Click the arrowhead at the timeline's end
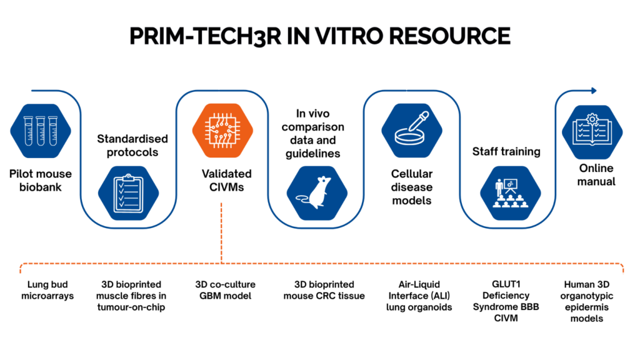594,90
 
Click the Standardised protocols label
129,145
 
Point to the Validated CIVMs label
222,179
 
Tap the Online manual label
596,174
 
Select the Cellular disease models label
411,187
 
